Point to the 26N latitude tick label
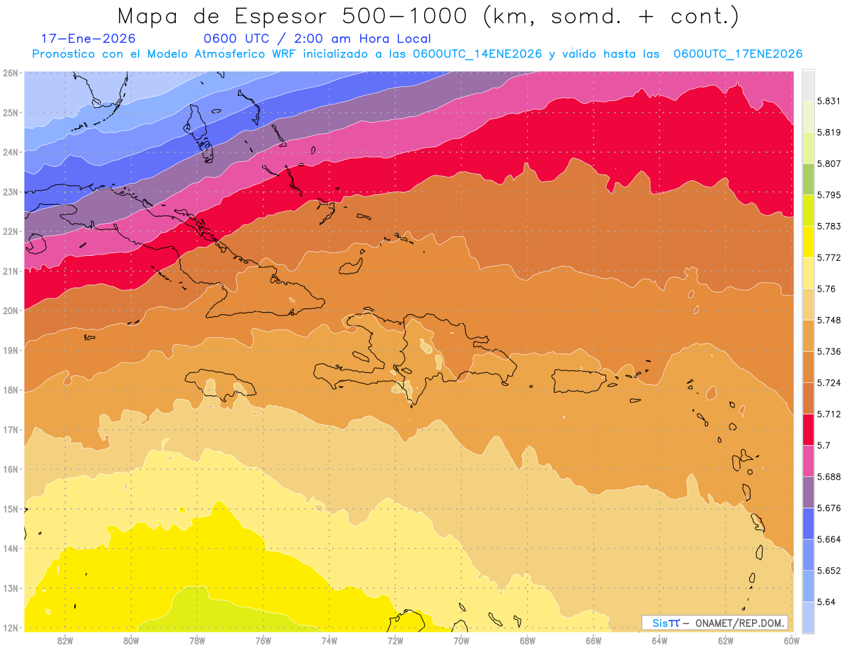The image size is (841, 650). (x=10, y=73)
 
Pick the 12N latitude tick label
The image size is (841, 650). (x=10, y=628)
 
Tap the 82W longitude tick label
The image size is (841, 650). (x=65, y=640)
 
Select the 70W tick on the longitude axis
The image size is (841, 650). (x=461, y=640)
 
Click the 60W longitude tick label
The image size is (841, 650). (x=791, y=640)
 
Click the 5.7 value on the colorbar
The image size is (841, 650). (x=818, y=445)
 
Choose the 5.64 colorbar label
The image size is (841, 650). (x=820, y=602)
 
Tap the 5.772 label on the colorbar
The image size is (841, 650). (x=822, y=258)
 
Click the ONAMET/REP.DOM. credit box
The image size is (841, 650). (x=715, y=623)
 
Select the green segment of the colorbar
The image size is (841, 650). (x=808, y=179)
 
